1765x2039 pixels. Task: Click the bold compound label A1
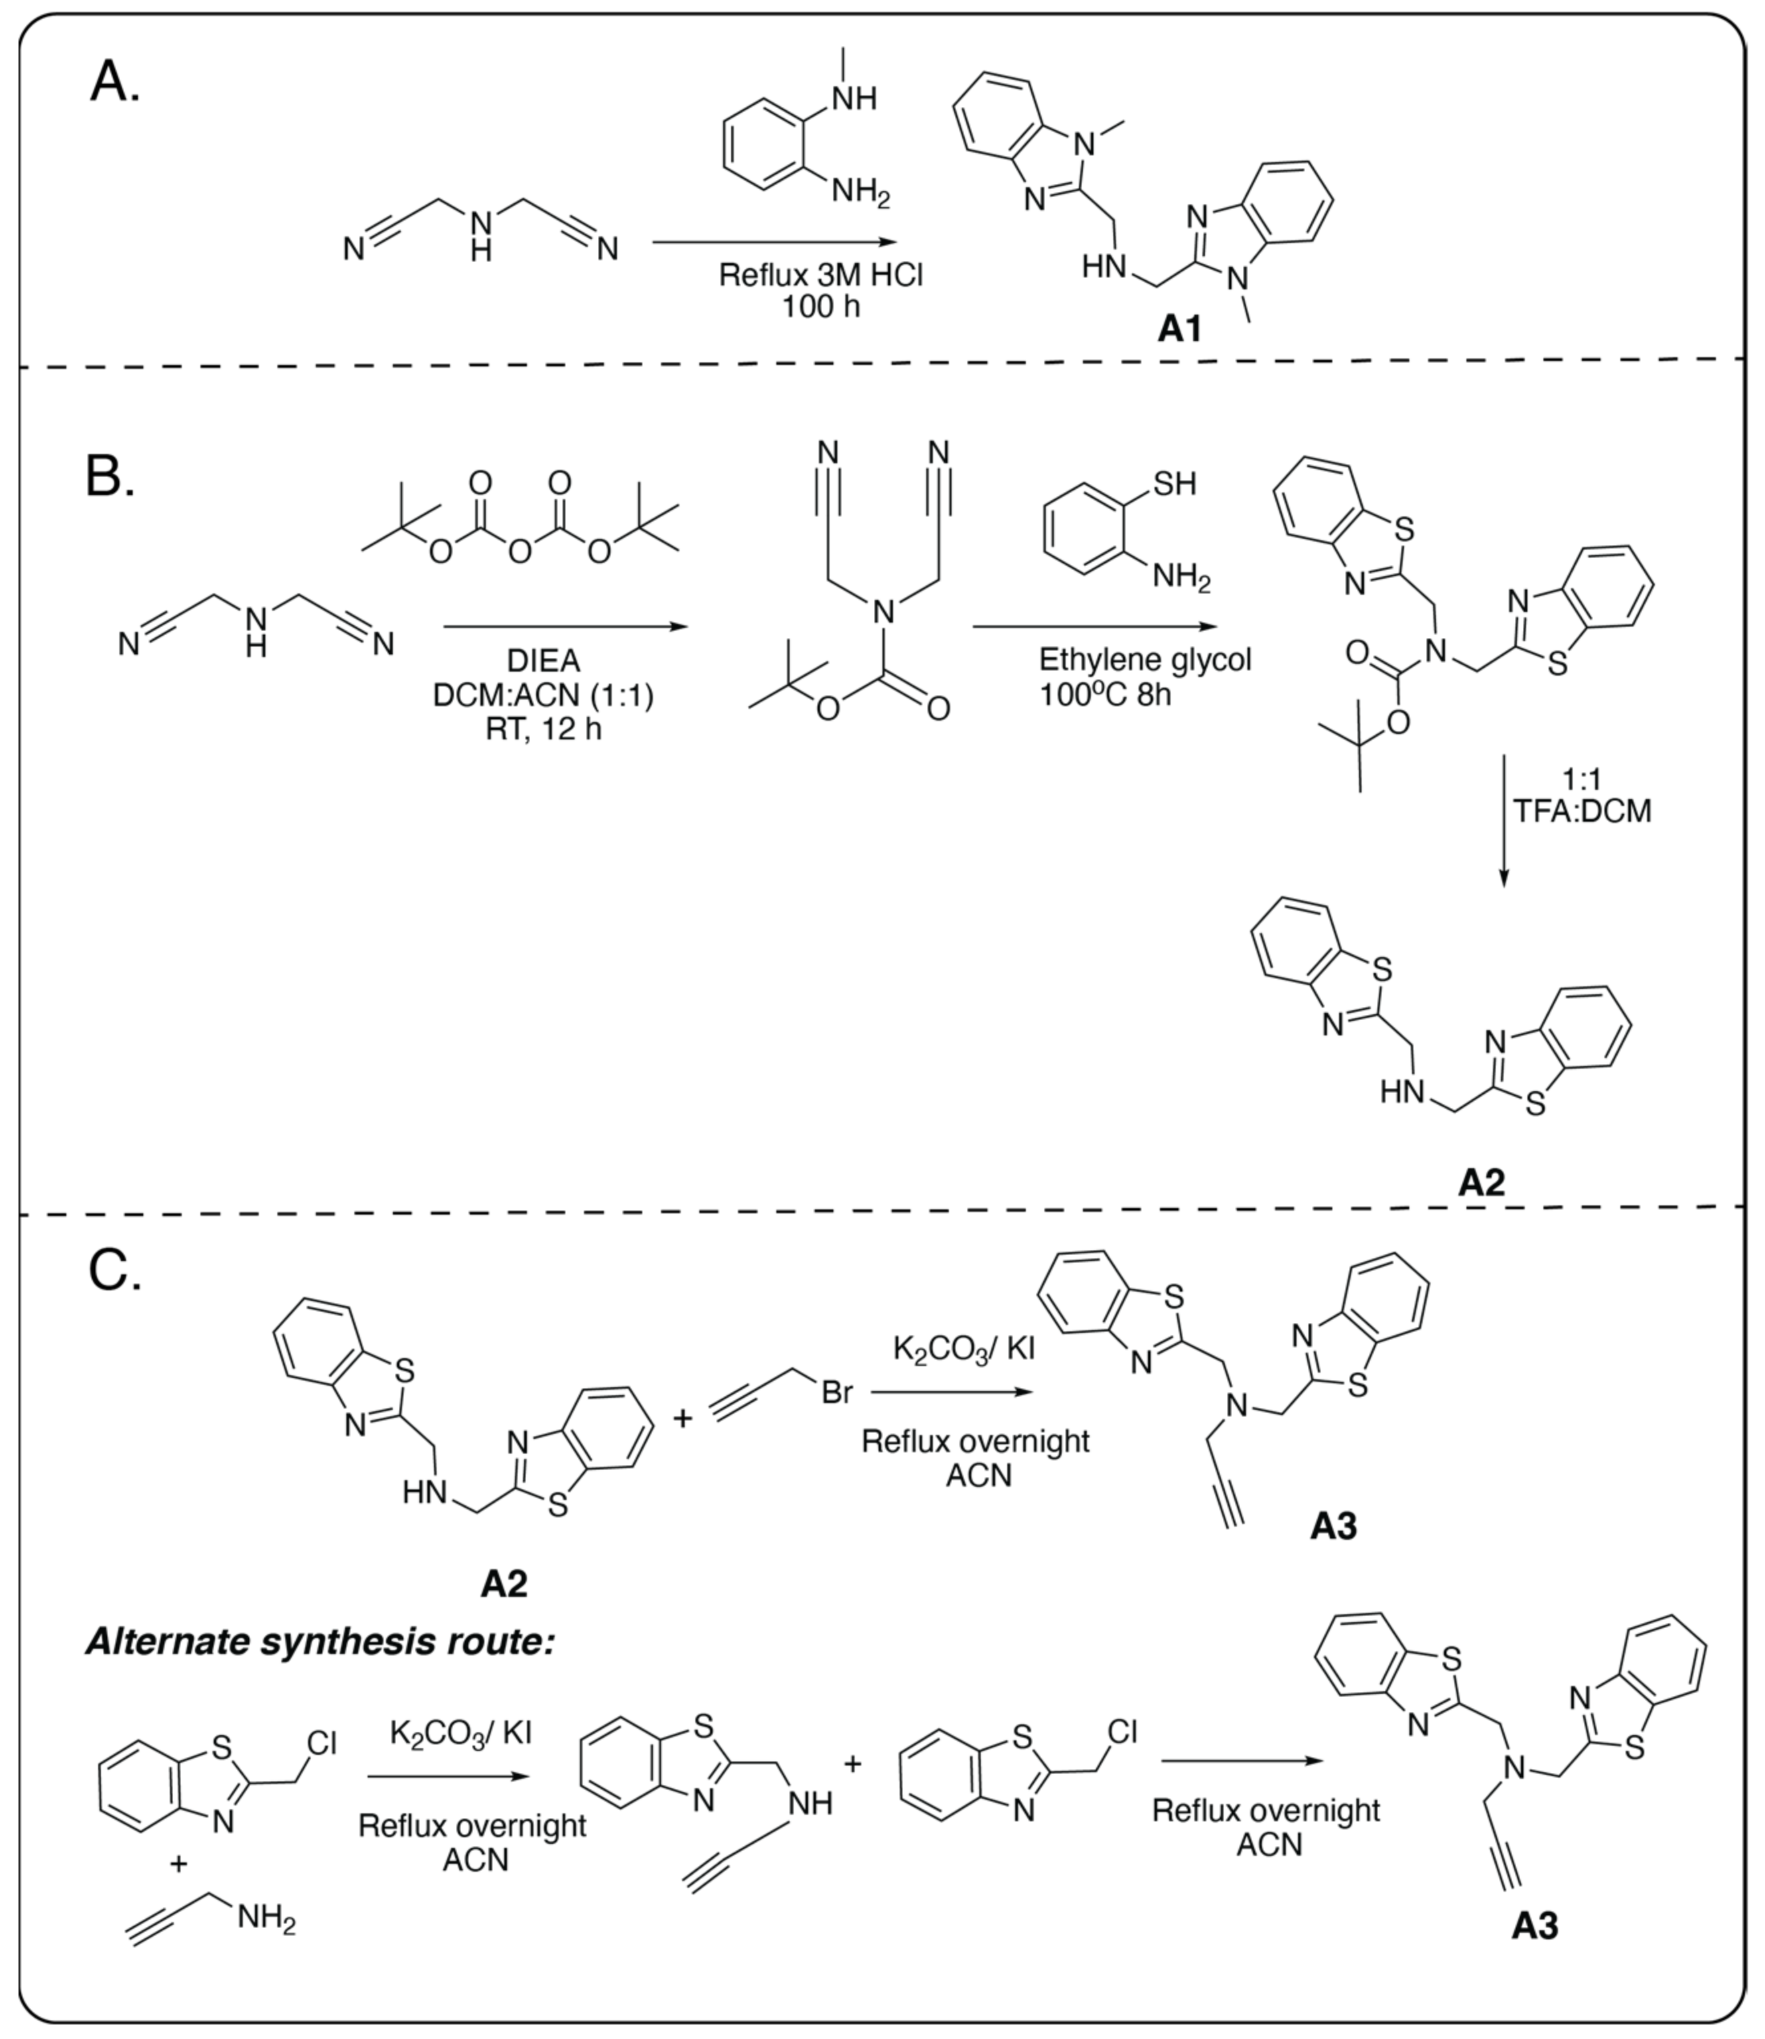1179,329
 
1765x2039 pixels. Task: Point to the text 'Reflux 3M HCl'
820,274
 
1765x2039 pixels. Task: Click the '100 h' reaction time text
820,307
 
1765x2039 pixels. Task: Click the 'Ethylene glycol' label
1145,659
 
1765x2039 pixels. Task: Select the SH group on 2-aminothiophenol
1174,484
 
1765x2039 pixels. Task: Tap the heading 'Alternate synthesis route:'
320,1642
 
